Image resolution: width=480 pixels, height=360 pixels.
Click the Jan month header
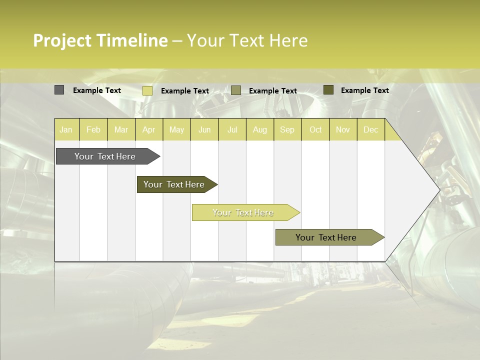pos(66,129)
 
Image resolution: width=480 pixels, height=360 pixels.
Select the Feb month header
pos(93,129)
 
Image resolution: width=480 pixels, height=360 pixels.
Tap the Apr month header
pos(149,129)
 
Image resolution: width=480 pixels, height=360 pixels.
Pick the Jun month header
pos(204,129)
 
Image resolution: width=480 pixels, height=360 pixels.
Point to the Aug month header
pos(260,129)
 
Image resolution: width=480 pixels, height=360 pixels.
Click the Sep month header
pos(287,129)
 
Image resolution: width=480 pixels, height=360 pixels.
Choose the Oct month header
pos(315,129)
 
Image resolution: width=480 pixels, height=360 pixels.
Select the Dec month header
pos(371,129)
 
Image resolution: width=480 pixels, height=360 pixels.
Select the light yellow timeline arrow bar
pos(244,212)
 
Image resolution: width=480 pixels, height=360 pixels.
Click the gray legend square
pos(59,90)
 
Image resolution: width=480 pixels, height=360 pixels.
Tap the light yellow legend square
pos(147,90)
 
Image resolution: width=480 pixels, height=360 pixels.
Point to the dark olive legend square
pos(328,90)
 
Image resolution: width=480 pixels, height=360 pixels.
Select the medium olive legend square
pos(236,90)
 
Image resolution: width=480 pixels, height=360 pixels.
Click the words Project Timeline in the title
pos(100,40)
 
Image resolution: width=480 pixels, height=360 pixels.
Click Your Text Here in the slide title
pos(247,40)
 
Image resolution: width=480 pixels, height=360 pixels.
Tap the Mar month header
pos(121,129)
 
